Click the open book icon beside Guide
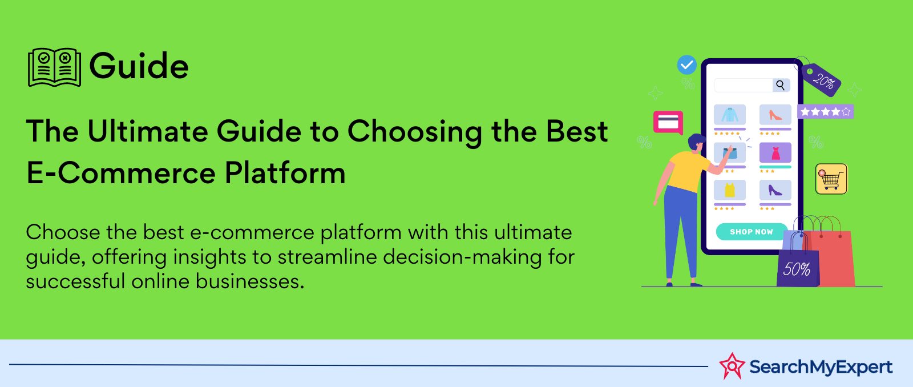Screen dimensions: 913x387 pyautogui.click(x=54, y=67)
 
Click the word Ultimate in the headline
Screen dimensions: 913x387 pyautogui.click(x=148, y=131)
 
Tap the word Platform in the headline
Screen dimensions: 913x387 pyautogui.click(x=285, y=173)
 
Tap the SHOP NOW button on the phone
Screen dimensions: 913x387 pyautogui.click(x=752, y=232)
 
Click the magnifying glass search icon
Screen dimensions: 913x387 pyautogui.click(x=781, y=85)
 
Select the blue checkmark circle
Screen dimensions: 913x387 pyautogui.click(x=687, y=65)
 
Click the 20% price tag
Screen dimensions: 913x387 pyautogui.click(x=821, y=79)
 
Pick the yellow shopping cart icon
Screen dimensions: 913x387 pyautogui.click(x=831, y=179)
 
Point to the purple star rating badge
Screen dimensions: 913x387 pyautogui.click(x=825, y=111)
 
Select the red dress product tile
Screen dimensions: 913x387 pyautogui.click(x=775, y=152)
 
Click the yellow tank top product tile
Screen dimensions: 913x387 pyautogui.click(x=730, y=190)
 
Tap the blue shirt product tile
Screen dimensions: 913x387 pyautogui.click(x=730, y=115)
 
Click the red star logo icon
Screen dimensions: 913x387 pyautogui.click(x=732, y=366)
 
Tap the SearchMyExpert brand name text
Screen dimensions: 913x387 pyautogui.click(x=821, y=367)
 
